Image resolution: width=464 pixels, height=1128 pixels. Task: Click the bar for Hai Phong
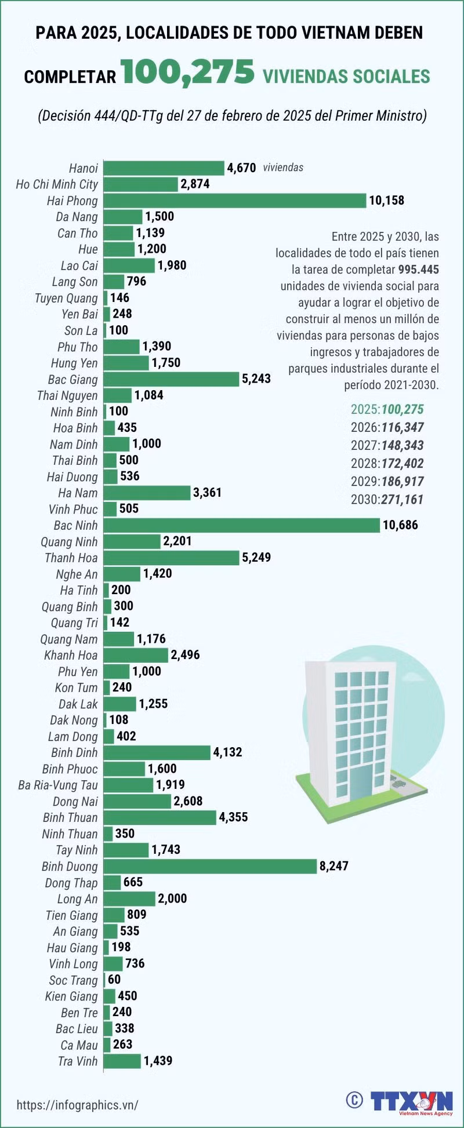click(x=235, y=201)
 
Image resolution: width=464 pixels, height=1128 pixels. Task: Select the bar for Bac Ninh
click(x=242, y=525)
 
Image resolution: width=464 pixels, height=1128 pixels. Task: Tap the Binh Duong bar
click(x=210, y=866)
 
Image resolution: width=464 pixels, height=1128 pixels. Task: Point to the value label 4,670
click(x=241, y=168)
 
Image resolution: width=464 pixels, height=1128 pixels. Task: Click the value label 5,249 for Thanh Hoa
click(x=256, y=558)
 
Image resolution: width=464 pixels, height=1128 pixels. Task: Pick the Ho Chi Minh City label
click(x=57, y=185)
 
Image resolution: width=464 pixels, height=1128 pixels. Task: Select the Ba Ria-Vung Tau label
click(x=58, y=785)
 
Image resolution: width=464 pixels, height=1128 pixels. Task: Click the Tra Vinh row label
click(x=78, y=1061)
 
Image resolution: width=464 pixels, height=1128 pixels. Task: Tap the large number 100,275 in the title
click(x=188, y=73)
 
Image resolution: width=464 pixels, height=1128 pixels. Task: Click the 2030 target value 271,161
click(x=402, y=499)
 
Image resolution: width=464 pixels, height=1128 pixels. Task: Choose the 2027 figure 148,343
click(x=402, y=445)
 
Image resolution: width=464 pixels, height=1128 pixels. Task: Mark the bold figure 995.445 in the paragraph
click(x=419, y=270)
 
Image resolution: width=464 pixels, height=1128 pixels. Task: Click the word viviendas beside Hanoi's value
click(x=283, y=168)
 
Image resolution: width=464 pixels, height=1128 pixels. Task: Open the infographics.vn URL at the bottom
click(x=78, y=1105)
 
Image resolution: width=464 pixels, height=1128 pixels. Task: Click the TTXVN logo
click(x=412, y=1102)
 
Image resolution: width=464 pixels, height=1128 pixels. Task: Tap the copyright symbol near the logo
click(x=354, y=1100)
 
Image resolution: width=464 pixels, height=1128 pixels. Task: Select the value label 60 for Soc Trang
click(x=114, y=980)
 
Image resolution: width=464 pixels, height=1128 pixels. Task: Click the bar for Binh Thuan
click(x=159, y=817)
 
